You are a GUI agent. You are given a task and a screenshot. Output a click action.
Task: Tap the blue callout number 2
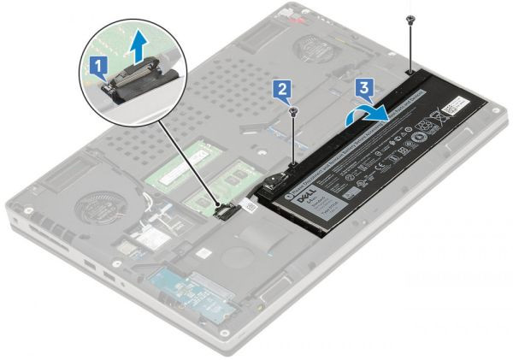tap(282, 86)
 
